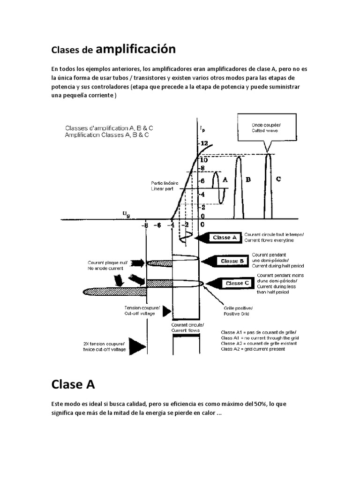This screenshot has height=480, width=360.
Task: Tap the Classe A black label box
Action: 222,238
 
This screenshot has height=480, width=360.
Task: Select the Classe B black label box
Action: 229,261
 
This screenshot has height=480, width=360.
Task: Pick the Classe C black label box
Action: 234,283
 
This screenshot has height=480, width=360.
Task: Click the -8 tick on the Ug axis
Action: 146,225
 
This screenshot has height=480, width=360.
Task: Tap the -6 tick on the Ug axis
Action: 159,225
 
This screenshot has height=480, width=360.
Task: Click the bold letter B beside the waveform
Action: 248,180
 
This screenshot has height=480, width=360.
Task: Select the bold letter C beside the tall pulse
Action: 278,179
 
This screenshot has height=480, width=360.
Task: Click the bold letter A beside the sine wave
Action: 225,179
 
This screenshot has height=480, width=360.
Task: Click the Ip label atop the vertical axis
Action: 202,127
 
